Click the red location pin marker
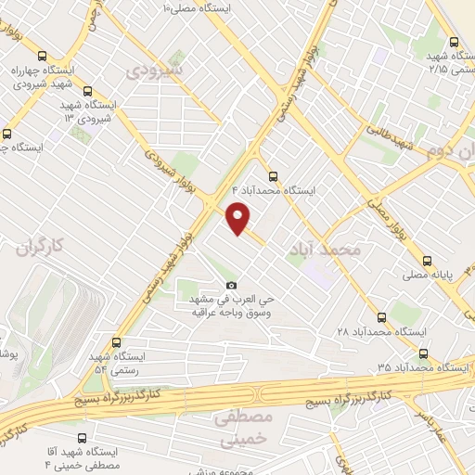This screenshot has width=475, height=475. [239, 217]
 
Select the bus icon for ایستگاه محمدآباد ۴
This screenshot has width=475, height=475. [272, 175]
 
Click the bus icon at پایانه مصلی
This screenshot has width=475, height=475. [427, 261]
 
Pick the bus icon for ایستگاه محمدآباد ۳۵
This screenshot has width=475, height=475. [424, 353]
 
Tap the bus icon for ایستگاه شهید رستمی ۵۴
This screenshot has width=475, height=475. [115, 342]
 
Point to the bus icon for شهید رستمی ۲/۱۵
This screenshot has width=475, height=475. [454, 42]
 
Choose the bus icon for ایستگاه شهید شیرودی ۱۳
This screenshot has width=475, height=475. [88, 92]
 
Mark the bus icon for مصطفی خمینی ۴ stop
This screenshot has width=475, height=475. [82, 438]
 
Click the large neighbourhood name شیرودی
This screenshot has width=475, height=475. [156, 70]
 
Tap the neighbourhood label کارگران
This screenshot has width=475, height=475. [44, 246]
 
